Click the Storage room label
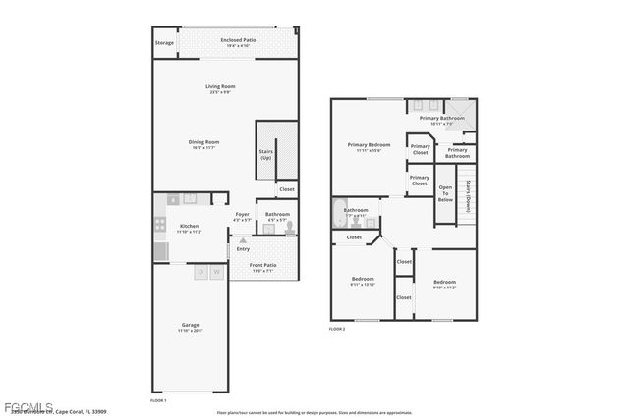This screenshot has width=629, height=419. click(164, 43)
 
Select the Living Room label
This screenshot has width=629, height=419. click(218, 89)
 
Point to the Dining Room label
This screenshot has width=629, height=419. click(203, 144)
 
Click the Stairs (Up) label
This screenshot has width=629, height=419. click(265, 155)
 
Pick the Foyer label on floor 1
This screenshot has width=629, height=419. click(242, 216)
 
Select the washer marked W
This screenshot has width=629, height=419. click(215, 272)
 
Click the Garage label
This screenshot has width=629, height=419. click(190, 327)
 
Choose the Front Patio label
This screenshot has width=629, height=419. click(262, 267)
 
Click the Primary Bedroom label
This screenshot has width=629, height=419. click(369, 147)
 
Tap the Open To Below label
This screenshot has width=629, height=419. click(445, 192)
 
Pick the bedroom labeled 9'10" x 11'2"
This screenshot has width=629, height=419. click(444, 284)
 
